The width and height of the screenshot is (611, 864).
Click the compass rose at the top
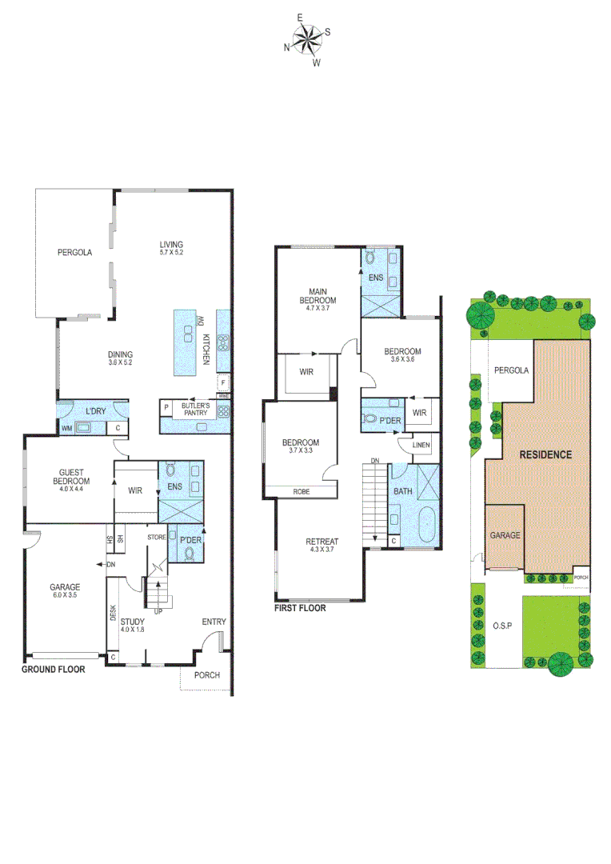click(306, 37)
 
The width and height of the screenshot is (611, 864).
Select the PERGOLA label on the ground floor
click(74, 252)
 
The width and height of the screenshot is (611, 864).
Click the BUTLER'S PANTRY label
click(194, 409)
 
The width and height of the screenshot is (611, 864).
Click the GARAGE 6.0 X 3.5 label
click(66, 591)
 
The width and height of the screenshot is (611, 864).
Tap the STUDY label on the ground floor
click(133, 624)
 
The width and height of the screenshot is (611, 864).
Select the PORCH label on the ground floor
click(208, 675)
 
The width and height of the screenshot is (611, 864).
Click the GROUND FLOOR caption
click(53, 669)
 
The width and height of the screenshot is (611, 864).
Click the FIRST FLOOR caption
click(300, 607)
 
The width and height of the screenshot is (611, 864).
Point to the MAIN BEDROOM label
click(317, 295)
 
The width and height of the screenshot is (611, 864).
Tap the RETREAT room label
click(321, 546)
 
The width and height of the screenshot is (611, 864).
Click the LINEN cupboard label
click(422, 445)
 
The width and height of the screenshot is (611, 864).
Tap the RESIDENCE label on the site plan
click(545, 454)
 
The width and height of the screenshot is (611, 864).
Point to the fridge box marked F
click(223, 382)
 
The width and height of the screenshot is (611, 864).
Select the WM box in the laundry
click(66, 429)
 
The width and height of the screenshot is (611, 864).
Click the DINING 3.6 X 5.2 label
click(120, 359)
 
